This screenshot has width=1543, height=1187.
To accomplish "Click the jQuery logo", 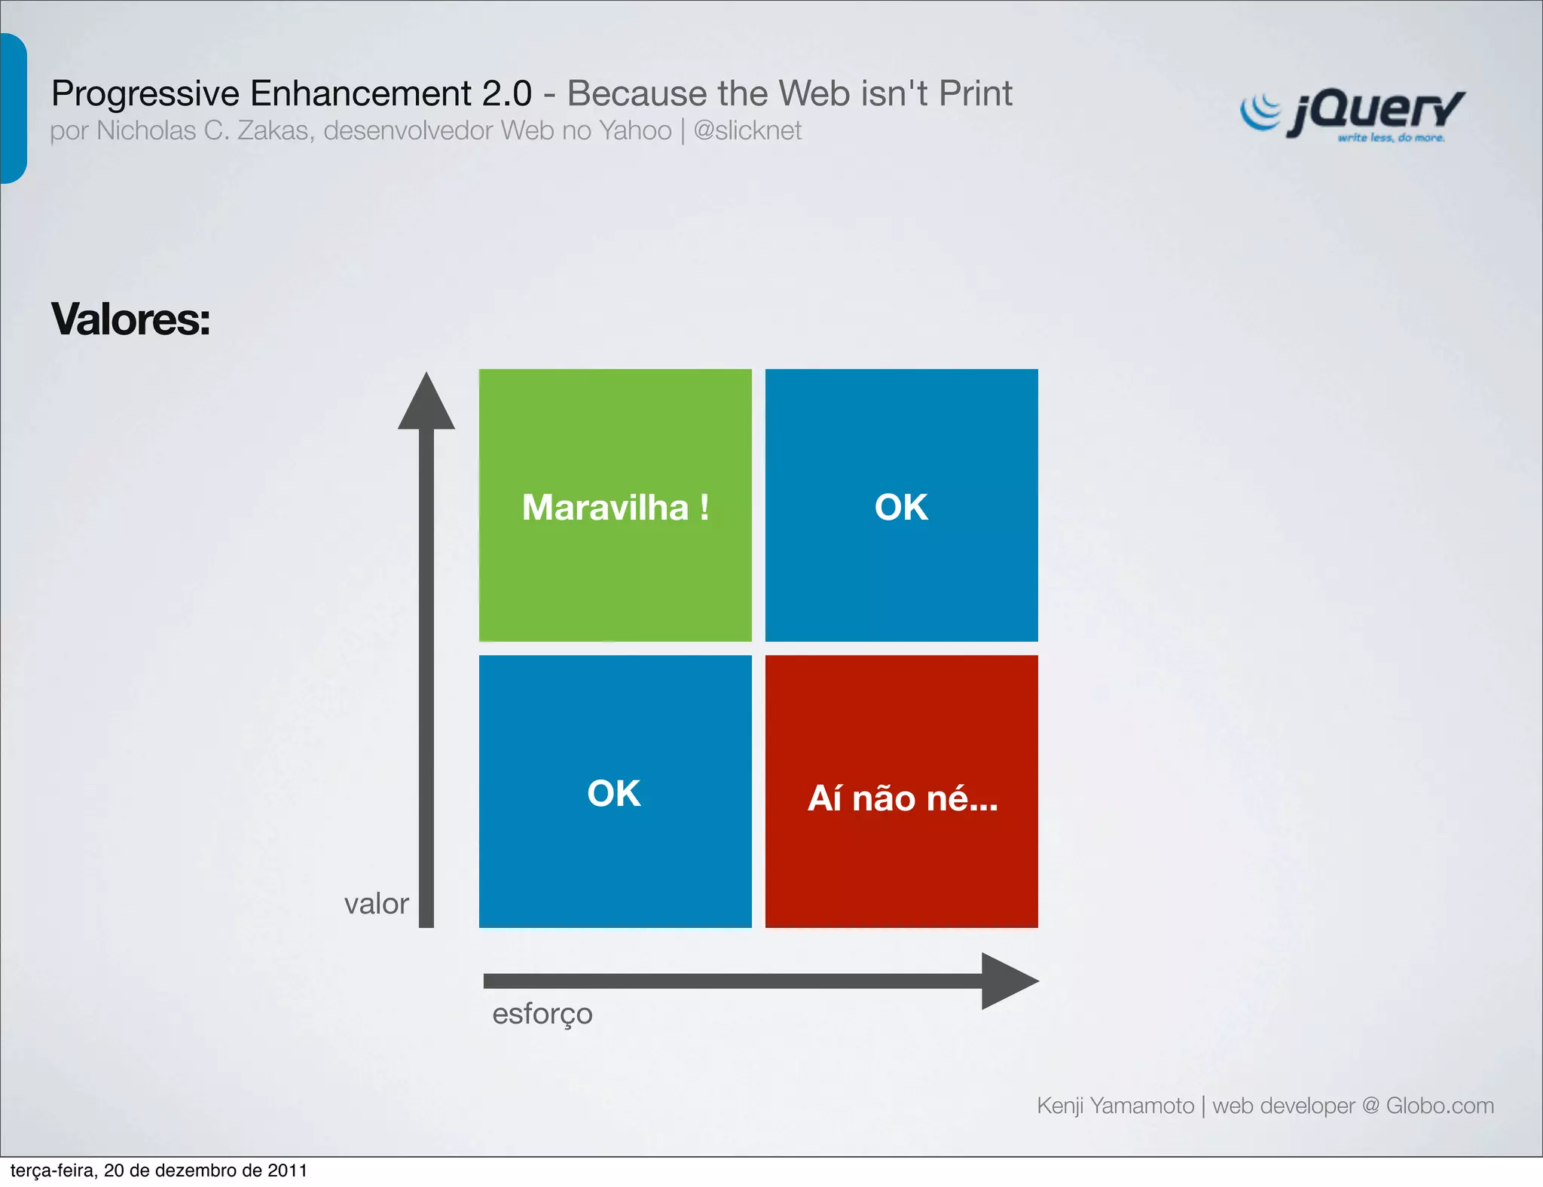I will pyautogui.click(x=1352, y=115).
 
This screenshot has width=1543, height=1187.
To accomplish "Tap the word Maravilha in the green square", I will pyautogui.click(x=605, y=507).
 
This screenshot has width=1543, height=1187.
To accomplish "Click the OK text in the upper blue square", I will pyautogui.click(x=901, y=507).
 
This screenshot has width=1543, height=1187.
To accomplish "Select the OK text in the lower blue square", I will pyautogui.click(x=614, y=793).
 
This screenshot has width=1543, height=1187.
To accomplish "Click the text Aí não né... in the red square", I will pyautogui.click(x=903, y=798).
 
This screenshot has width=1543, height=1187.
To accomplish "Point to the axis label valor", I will pyautogui.click(x=376, y=904).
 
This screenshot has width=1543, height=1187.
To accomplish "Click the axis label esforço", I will pyautogui.click(x=542, y=1014).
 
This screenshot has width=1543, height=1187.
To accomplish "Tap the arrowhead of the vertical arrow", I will pyautogui.click(x=426, y=402).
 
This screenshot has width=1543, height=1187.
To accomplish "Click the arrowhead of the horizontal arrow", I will pyautogui.click(x=1008, y=981).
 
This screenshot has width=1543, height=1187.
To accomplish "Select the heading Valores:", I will pyautogui.click(x=130, y=319).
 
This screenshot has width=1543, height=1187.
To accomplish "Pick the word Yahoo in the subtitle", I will pyautogui.click(x=634, y=131).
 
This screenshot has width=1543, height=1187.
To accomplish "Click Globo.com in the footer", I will pyautogui.click(x=1440, y=1106).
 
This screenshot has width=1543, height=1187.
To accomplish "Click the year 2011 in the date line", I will pyautogui.click(x=287, y=1170).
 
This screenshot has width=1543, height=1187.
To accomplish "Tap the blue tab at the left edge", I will pyautogui.click(x=13, y=108).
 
